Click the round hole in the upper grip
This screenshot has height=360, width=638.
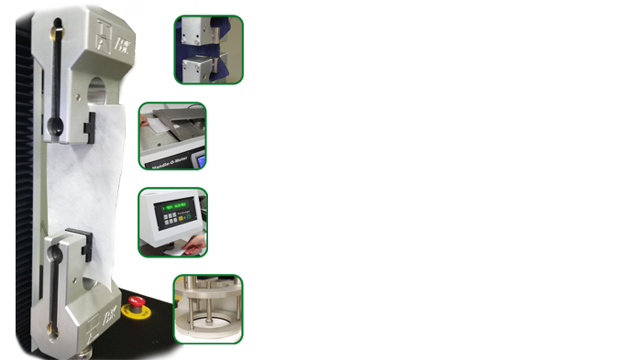coord(99,93)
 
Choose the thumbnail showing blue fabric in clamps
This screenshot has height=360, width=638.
coord(209,49)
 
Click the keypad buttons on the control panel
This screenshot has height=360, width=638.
coord(168,223)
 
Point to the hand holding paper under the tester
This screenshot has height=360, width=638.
coord(194,245)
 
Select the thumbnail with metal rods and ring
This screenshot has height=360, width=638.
coord(209,308)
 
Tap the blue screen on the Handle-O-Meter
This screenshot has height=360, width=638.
coord(200,160)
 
